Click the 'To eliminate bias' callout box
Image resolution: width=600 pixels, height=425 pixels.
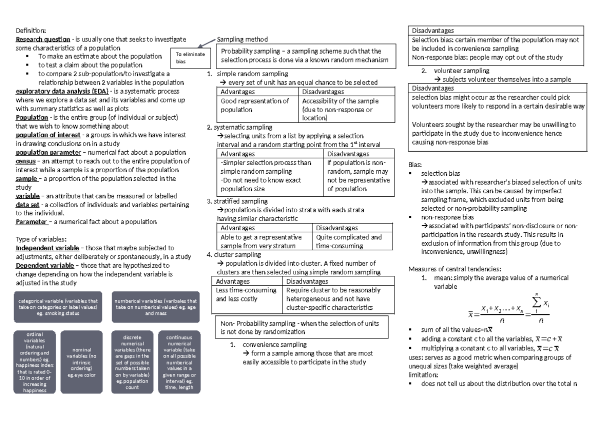point(190,58)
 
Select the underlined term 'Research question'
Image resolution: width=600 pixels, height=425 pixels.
point(43,39)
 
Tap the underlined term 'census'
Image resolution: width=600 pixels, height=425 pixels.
point(25,161)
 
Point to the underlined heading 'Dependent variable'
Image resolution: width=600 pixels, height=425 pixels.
point(45,265)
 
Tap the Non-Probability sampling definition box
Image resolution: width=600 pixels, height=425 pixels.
point(301,327)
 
